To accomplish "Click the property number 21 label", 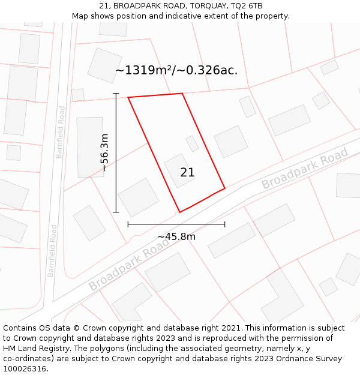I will click(187, 173).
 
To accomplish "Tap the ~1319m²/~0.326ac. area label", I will click(176, 70).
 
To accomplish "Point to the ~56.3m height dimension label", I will click(104, 152).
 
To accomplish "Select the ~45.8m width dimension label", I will click(176, 236).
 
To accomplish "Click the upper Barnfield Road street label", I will click(60, 132).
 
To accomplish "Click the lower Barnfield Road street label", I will click(52, 250).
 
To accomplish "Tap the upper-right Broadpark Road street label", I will click(305, 170).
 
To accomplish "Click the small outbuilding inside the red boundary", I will click(192, 143).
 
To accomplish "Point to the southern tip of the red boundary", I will click(179, 212).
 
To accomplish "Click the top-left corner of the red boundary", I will click(128, 98).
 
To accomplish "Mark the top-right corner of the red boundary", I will click(182, 94).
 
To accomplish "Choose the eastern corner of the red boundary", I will click(224, 188).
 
